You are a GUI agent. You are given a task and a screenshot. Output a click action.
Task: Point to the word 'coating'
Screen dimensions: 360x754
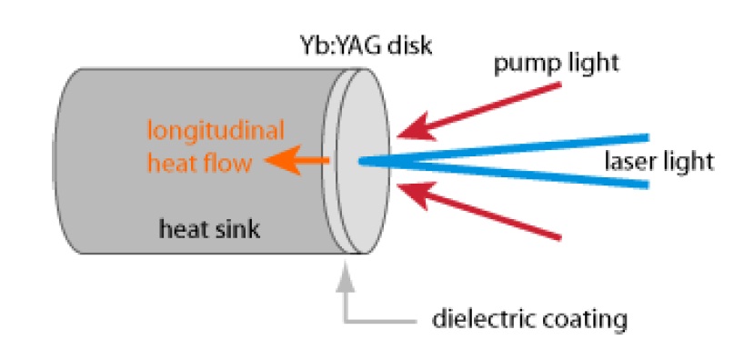584,321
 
